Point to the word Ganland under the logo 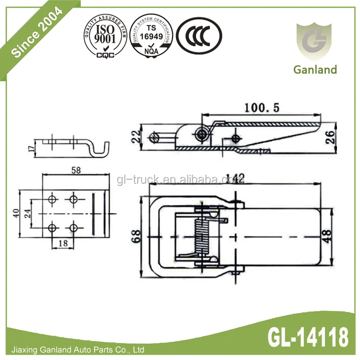[x=315, y=70]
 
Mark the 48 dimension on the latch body [x=327, y=236]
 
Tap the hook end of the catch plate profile [x=102, y=149]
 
